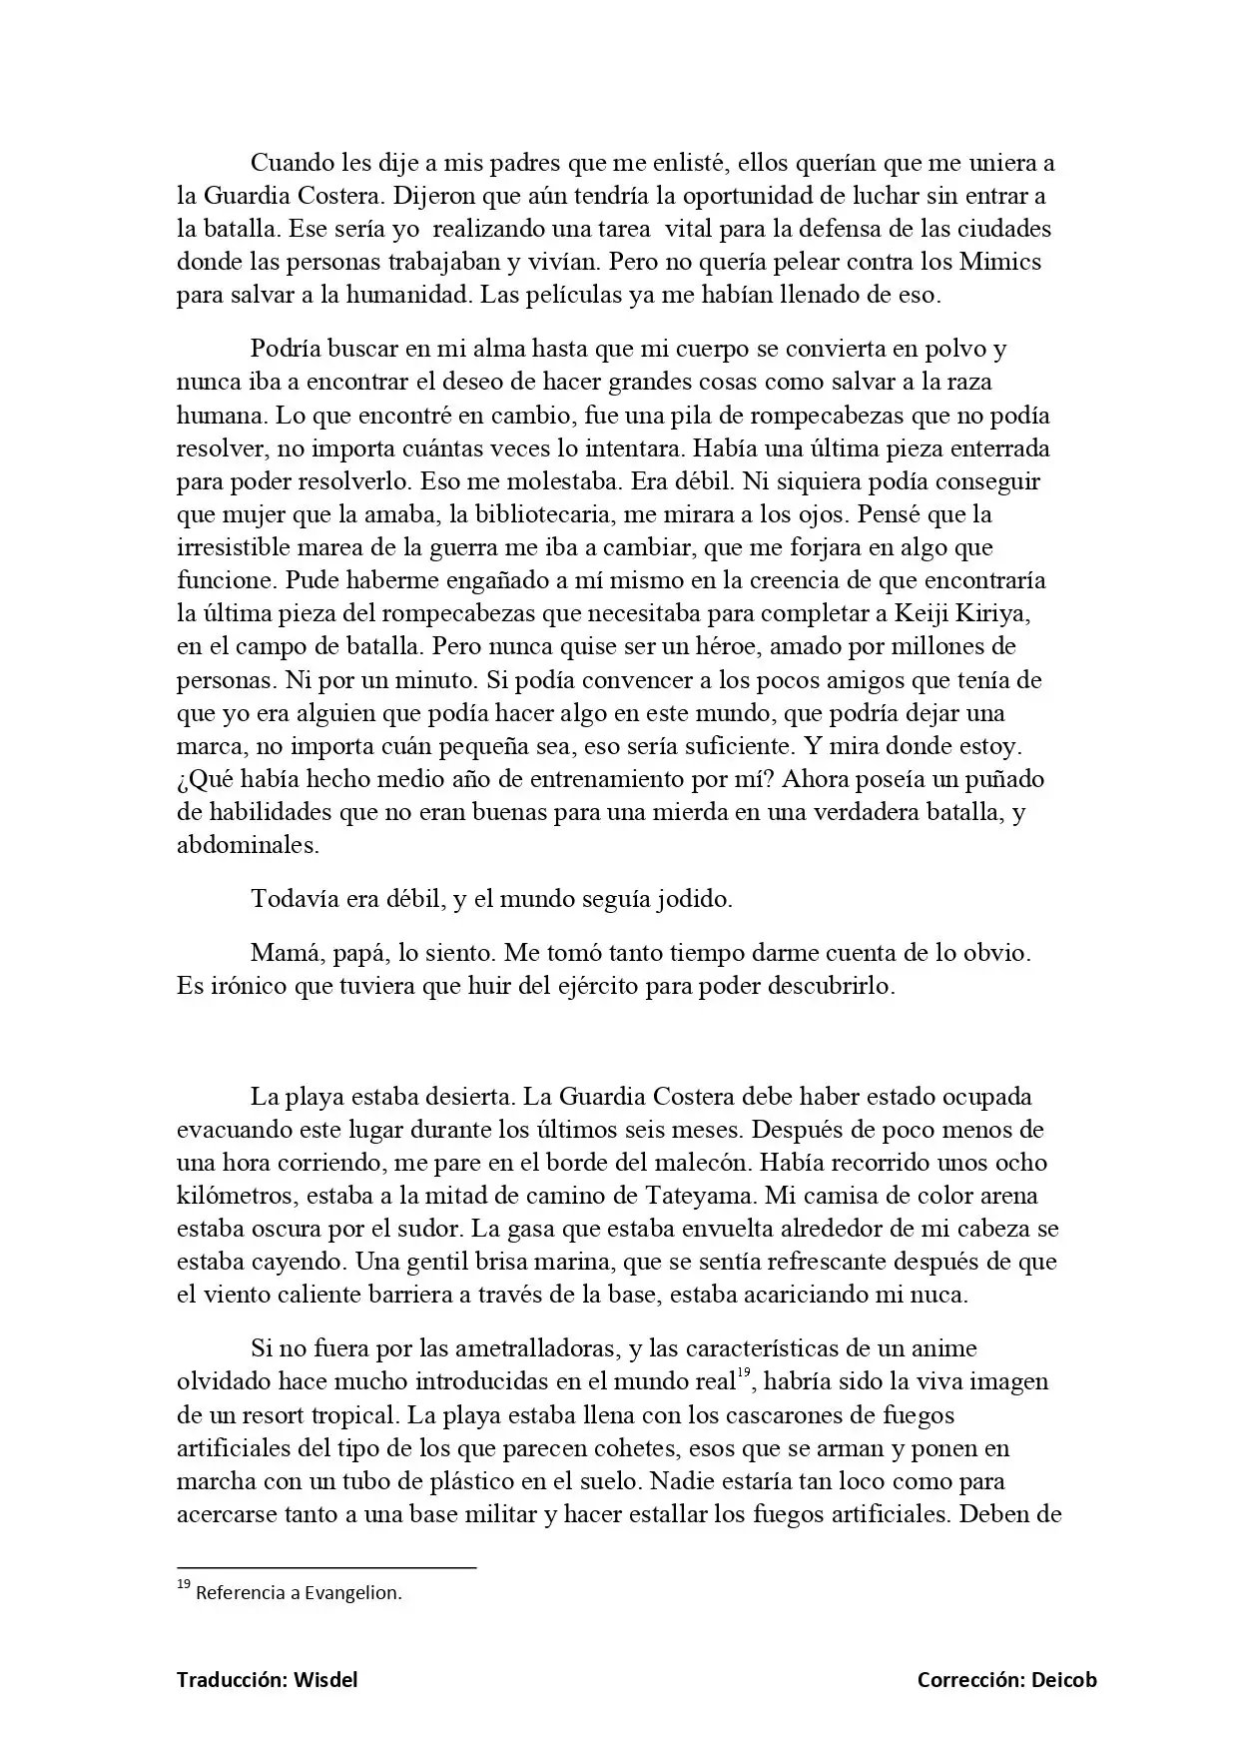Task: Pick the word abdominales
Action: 247,844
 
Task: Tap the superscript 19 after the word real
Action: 743,1374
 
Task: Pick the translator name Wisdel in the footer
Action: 325,1680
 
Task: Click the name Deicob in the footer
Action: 1063,1680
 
